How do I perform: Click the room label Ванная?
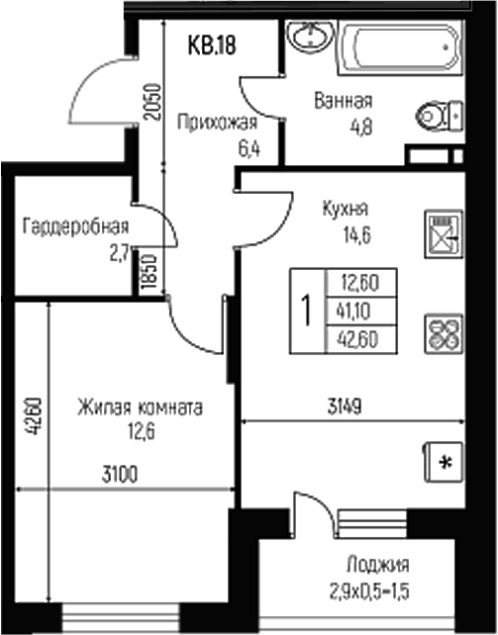point(344,100)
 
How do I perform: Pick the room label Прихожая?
point(218,123)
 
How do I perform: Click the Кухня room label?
point(346,209)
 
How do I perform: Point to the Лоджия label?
point(377,566)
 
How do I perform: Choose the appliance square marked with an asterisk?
point(446,462)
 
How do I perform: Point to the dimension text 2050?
point(149,100)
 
